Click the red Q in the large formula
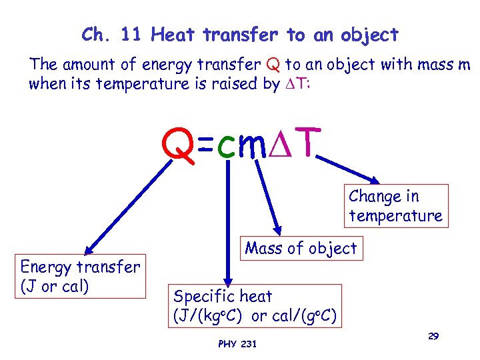coord(179,145)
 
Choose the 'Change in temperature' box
coord(395,206)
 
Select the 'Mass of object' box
coord(301,249)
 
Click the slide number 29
coord(433,337)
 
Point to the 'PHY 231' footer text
coord(237,343)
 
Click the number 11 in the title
coord(128,34)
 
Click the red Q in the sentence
coord(272,65)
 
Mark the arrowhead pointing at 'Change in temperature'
coord(375,180)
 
